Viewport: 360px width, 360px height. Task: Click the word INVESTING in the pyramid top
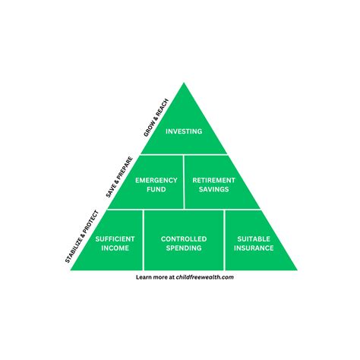click(x=184, y=131)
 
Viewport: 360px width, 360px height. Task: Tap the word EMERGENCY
click(x=156, y=180)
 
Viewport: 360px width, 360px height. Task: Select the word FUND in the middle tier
click(x=156, y=189)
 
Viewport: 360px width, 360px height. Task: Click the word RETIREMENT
click(x=213, y=180)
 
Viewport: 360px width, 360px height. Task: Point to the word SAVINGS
click(x=213, y=189)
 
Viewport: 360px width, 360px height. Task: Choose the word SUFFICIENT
click(x=115, y=238)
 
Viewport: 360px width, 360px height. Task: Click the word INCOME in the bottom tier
click(x=115, y=248)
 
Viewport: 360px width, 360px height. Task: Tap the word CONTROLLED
click(x=183, y=238)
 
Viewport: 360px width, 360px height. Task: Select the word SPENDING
click(x=183, y=248)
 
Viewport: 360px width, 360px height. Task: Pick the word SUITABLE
click(x=252, y=238)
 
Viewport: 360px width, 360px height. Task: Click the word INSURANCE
click(x=252, y=248)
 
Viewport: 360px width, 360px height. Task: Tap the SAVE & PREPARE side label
click(x=119, y=177)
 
